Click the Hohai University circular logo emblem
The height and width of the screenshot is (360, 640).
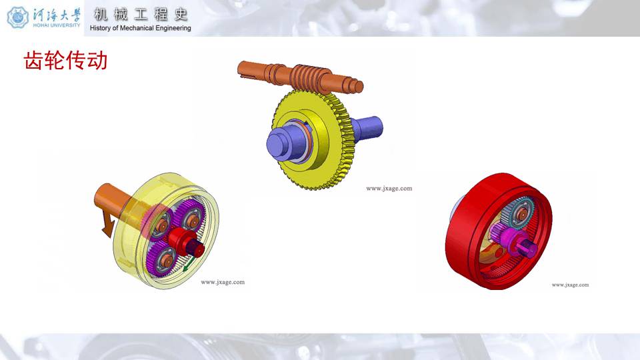pos(18,17)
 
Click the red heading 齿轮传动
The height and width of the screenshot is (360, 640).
pos(65,61)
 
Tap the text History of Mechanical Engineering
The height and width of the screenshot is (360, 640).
pos(141,28)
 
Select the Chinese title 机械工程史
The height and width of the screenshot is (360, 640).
pos(141,15)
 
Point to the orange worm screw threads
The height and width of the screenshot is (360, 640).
pos(309,77)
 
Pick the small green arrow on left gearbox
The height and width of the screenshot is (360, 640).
pos(188,264)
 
